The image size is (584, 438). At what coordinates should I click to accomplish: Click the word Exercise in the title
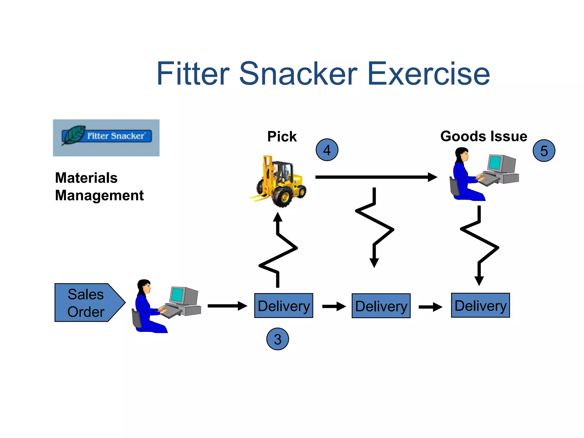coord(429,74)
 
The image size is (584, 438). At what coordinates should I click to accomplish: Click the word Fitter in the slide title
coord(193,74)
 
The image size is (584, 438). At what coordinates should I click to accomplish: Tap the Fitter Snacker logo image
coord(106,138)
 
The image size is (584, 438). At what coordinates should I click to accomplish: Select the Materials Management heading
coord(99,186)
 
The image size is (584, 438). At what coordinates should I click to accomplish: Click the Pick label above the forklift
coord(282,137)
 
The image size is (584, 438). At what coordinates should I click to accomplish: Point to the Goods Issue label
coord(484,136)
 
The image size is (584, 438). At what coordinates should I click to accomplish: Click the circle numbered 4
coord(327,150)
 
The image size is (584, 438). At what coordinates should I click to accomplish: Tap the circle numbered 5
coord(544,151)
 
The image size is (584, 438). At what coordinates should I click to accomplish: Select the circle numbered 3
coord(277,339)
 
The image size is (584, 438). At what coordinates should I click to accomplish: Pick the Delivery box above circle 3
coord(284,306)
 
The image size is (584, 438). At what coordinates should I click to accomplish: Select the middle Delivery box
coord(381,306)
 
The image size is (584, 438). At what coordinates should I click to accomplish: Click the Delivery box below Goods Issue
coord(480,305)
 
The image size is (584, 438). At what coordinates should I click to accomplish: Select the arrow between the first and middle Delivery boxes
coord(334,307)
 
